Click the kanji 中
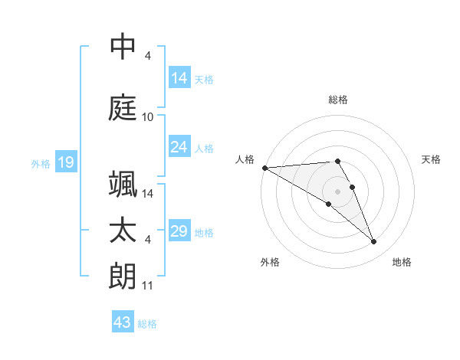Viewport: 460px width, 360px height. pyautogui.click(x=123, y=47)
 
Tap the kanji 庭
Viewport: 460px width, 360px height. pyautogui.click(x=123, y=106)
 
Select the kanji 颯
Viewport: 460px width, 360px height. pyautogui.click(x=123, y=185)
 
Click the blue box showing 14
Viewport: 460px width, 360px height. pyautogui.click(x=179, y=78)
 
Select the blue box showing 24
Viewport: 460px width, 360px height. pyautogui.click(x=179, y=147)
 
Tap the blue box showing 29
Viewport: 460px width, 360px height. pyautogui.click(x=179, y=231)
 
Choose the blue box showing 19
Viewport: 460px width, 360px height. pyautogui.click(x=65, y=162)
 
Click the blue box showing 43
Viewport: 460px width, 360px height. pyautogui.click(x=123, y=322)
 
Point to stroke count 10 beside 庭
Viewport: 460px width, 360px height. pyautogui.click(x=148, y=117)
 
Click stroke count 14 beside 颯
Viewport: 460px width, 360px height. pyautogui.click(x=148, y=193)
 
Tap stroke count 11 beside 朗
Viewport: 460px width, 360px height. pyautogui.click(x=148, y=286)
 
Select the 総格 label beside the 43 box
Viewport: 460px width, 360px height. pyautogui.click(x=147, y=324)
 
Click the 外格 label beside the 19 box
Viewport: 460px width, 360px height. pyautogui.click(x=41, y=163)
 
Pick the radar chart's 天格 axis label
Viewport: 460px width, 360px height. pyautogui.click(x=432, y=159)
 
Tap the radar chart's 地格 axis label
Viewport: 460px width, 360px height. pyautogui.click(x=402, y=262)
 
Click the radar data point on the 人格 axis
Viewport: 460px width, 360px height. pyautogui.click(x=264, y=168)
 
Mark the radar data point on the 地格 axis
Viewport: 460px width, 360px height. pyautogui.click(x=373, y=242)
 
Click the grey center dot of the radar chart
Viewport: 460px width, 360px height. pyautogui.click(x=337, y=191)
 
